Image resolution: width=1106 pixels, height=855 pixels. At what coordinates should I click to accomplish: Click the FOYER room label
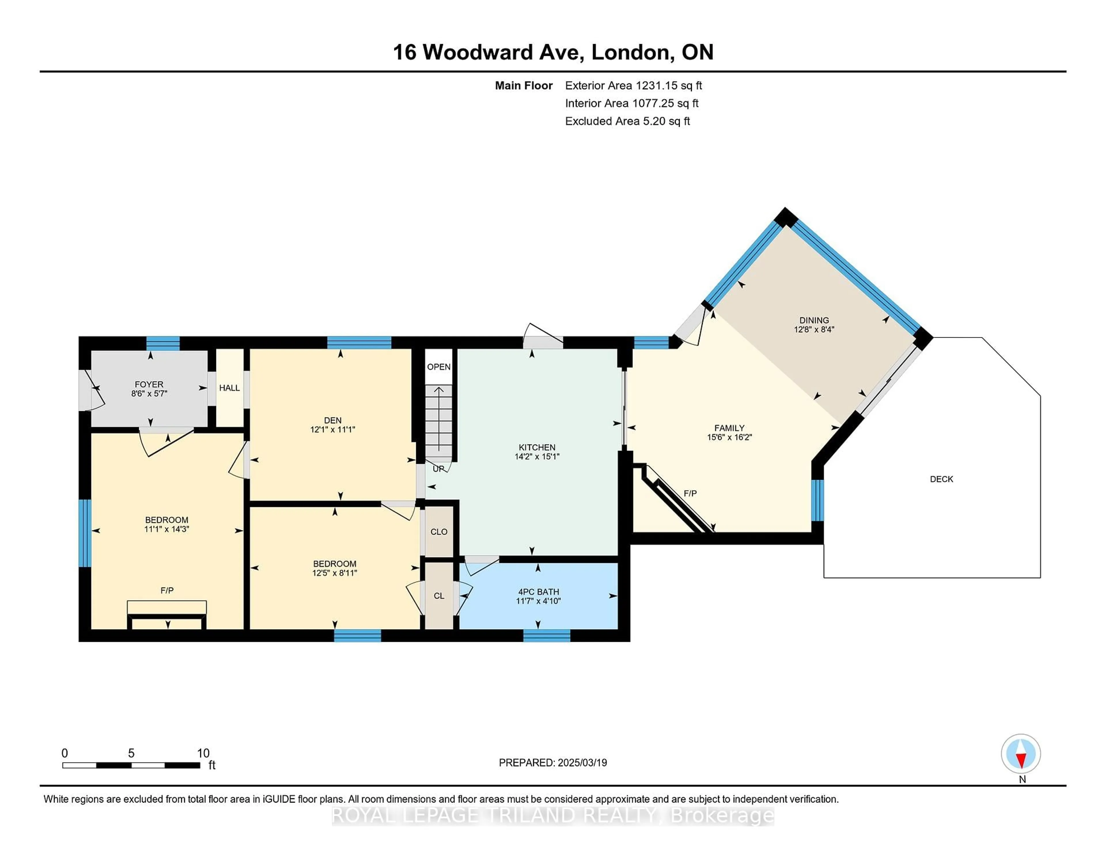[149, 385]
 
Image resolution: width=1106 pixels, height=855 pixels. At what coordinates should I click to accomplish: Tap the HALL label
[229, 388]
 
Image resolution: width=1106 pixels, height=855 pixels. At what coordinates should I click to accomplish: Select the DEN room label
[333, 420]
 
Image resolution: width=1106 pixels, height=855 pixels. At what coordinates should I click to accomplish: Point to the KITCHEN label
[537, 447]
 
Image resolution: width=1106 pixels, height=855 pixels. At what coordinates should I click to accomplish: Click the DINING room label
[814, 320]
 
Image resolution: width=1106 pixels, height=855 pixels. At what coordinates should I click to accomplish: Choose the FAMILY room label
[729, 428]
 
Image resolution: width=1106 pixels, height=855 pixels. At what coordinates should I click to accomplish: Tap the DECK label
[942, 479]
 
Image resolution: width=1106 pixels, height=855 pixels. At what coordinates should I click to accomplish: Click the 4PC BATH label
[538, 592]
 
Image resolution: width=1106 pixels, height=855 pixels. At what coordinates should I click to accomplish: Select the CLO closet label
[439, 532]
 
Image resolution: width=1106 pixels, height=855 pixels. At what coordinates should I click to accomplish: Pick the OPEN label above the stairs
[439, 367]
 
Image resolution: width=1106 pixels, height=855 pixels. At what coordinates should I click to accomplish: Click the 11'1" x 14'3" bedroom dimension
[166, 529]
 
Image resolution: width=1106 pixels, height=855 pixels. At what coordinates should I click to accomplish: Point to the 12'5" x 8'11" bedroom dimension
[335, 573]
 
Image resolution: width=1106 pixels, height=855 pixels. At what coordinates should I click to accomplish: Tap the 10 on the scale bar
[203, 753]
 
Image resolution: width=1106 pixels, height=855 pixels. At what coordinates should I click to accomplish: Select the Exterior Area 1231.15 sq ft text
[634, 86]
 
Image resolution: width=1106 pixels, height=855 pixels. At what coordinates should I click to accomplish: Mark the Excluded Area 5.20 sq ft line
[627, 121]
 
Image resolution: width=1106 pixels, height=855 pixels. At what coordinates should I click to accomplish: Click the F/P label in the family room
[690, 493]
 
